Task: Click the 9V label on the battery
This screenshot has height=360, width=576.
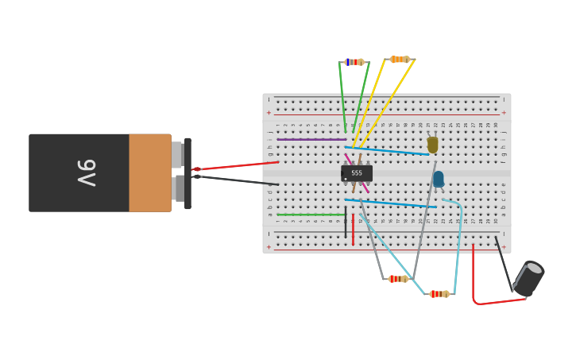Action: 87,172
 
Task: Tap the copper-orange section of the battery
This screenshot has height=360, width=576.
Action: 150,172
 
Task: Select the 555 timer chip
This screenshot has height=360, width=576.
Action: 357,172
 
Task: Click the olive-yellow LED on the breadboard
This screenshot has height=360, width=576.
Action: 432,145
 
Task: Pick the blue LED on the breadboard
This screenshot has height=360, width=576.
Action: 439,179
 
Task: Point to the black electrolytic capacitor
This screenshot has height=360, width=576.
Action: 528,279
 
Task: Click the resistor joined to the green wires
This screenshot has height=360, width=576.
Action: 354,62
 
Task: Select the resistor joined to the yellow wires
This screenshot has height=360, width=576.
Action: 400,60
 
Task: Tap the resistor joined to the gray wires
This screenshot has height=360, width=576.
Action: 398,279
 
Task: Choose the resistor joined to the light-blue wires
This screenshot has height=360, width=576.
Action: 439,294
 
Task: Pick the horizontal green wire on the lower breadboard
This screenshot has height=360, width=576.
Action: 311,215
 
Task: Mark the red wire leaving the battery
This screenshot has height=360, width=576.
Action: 238,165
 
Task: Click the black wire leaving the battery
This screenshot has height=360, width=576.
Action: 238,180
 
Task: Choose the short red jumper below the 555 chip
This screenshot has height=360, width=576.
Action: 353,229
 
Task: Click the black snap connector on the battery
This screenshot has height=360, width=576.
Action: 187,173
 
